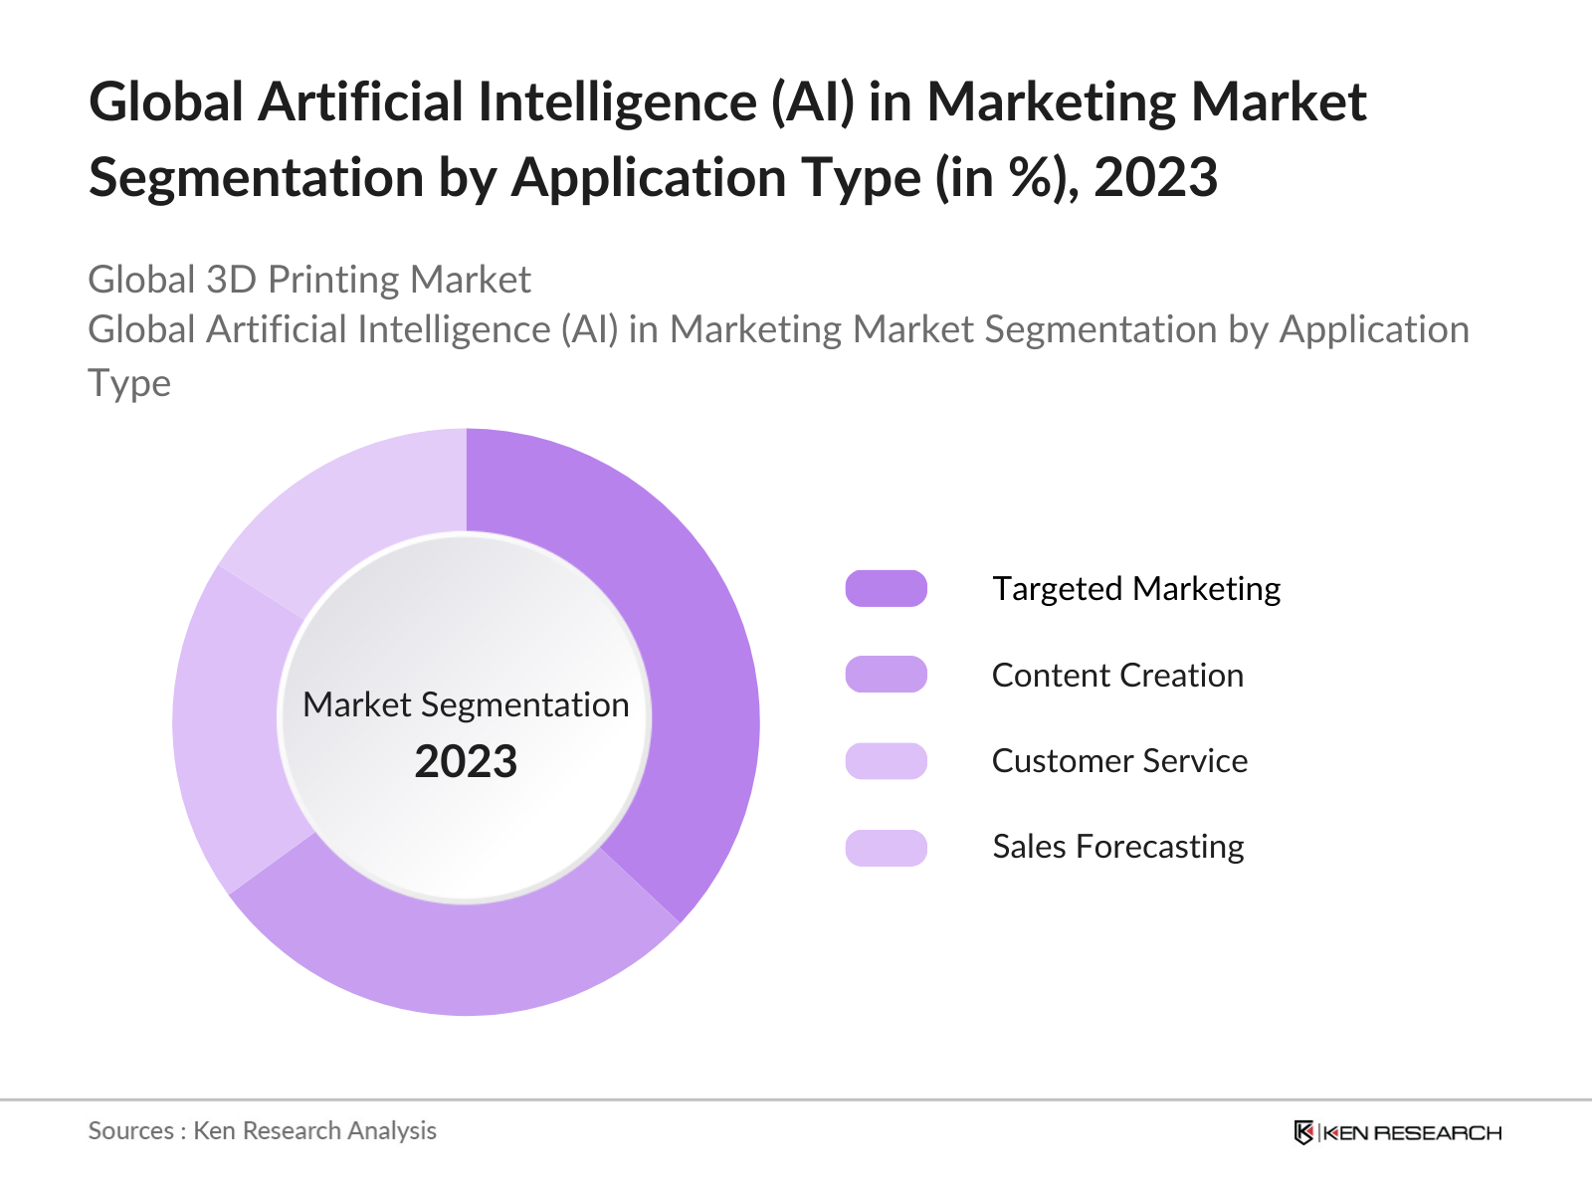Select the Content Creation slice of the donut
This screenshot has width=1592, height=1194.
tap(458, 955)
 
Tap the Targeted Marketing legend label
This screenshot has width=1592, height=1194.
tap(1135, 589)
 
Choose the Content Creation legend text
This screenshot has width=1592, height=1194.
tap(1117, 676)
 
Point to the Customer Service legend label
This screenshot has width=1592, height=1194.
tap(1119, 761)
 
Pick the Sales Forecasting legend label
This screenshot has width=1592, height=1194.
tap(1117, 847)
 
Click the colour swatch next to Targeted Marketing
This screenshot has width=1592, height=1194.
tap(886, 589)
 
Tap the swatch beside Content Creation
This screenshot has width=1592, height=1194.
tap(886, 675)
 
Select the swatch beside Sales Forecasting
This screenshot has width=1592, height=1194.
tap(886, 848)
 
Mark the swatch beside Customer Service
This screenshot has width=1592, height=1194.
tap(886, 761)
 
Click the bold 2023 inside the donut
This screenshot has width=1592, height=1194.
tap(466, 762)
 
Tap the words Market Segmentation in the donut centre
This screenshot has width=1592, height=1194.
tap(466, 704)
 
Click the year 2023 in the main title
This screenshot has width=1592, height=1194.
tap(1155, 178)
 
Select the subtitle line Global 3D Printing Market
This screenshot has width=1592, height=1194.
tap(309, 280)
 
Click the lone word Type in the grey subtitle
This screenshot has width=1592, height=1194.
tap(129, 383)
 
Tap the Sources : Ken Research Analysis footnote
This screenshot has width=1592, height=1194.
tap(262, 1130)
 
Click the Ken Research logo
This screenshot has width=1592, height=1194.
tap(1397, 1132)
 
